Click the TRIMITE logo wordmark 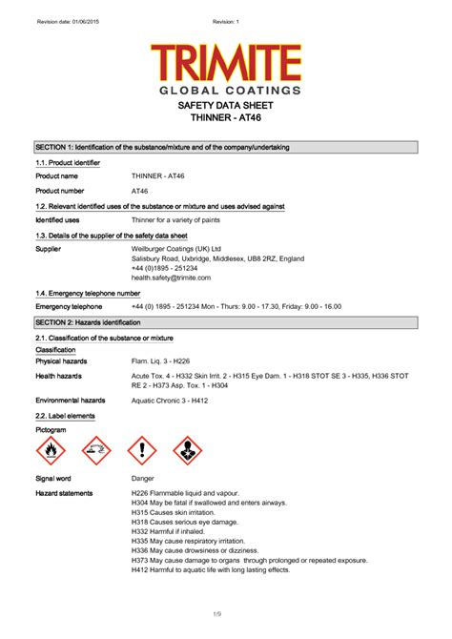click(x=226, y=64)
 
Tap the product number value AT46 click(x=140, y=192)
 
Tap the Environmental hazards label click(x=70, y=401)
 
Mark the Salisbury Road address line click(x=217, y=258)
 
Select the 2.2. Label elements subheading click(x=69, y=417)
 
